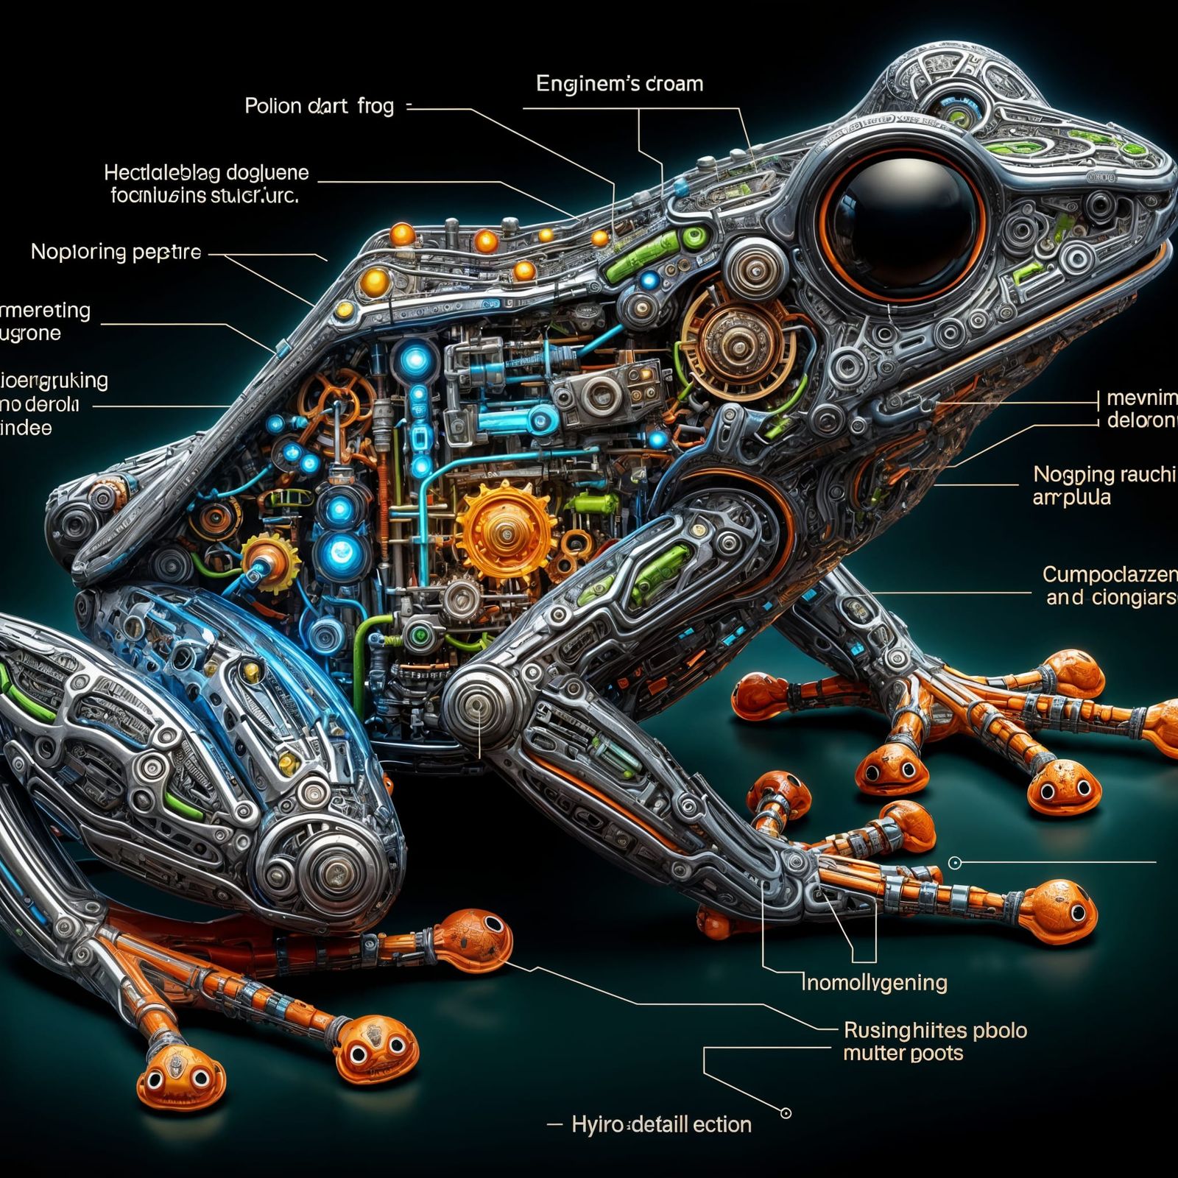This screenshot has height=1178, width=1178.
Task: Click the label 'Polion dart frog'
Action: [x=319, y=106]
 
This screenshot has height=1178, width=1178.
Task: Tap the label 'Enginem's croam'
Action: [x=619, y=84]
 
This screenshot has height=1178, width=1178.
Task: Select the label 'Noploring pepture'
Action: [x=116, y=253]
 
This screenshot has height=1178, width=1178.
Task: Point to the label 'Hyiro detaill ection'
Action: [x=660, y=1124]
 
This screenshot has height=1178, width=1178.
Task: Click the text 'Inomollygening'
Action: [x=875, y=982]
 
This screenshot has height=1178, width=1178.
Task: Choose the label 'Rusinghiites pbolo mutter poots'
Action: [x=935, y=1041]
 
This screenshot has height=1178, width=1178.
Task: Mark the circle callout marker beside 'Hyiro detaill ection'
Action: [x=786, y=1113]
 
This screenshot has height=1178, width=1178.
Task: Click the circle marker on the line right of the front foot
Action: [x=955, y=862]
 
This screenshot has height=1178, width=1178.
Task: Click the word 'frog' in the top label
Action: [x=375, y=106]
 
